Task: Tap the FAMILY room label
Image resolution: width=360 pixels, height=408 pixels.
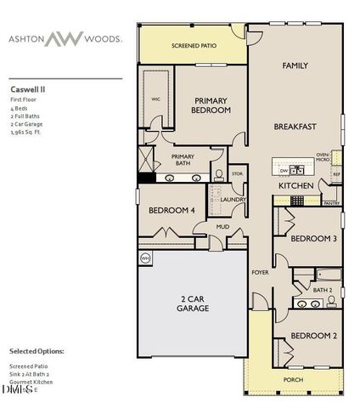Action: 295,65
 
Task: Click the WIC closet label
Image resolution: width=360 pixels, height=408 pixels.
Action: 155,98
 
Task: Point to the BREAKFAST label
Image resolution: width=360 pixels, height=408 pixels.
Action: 295,127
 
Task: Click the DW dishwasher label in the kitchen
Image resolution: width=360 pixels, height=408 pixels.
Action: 283,168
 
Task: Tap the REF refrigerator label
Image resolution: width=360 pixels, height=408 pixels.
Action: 335,173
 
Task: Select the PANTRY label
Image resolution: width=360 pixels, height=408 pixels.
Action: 332,203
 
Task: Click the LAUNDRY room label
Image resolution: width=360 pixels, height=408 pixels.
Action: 233,200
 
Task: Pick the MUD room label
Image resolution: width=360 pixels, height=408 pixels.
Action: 222,227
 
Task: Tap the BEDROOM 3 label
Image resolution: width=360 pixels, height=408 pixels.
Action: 313,239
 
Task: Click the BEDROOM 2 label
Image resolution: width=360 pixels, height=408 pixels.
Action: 313,336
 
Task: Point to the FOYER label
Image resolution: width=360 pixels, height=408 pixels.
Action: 259,273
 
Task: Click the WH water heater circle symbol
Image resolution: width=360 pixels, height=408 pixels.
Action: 144,257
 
